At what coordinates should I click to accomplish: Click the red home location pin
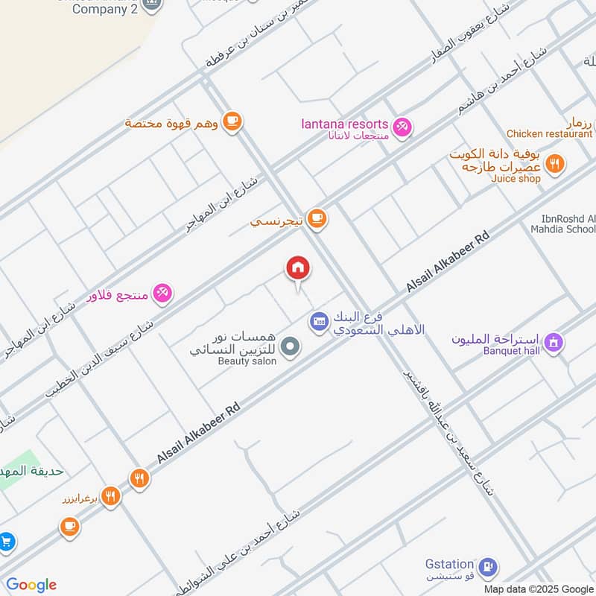(x=298, y=269)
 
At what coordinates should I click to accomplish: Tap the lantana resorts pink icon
(x=402, y=127)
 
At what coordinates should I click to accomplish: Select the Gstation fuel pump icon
(x=488, y=567)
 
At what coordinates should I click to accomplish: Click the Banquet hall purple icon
(x=554, y=343)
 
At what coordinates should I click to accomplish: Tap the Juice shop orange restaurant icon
(x=554, y=164)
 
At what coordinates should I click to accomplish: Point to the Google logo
(x=31, y=585)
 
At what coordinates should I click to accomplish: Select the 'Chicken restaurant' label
(x=549, y=134)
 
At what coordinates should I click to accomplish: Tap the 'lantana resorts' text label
(x=345, y=124)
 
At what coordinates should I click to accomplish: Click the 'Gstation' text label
(x=449, y=564)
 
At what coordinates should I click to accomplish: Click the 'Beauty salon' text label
(x=247, y=361)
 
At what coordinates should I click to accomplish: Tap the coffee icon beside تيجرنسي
(x=317, y=218)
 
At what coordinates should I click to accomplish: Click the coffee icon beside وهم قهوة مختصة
(x=232, y=121)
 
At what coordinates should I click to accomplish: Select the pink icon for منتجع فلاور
(x=163, y=293)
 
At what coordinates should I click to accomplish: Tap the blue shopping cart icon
(x=6, y=542)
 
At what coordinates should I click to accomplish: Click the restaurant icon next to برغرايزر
(x=111, y=495)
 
